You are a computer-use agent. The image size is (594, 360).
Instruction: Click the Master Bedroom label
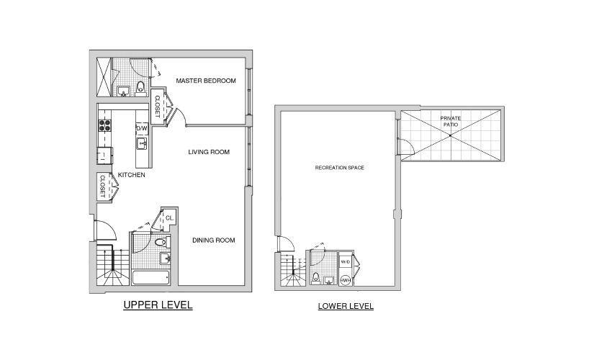point(206,81)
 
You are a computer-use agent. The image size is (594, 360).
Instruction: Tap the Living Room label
point(209,152)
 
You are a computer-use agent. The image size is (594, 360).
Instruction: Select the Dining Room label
point(214,240)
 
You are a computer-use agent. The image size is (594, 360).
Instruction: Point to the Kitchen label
point(132,175)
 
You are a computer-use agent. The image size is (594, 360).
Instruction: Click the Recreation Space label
point(339,168)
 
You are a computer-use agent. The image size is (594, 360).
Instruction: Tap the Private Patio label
point(451,121)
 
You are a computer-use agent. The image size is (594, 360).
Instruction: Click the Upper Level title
point(158,305)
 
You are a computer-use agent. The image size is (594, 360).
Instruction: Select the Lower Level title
point(346,306)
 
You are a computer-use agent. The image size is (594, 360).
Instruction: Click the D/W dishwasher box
point(142,128)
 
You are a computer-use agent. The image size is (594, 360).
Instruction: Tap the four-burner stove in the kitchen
point(104,125)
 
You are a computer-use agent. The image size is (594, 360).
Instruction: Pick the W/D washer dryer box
point(345,262)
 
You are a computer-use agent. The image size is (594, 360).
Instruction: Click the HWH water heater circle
point(345,280)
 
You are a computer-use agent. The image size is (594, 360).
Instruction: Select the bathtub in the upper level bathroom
point(150,277)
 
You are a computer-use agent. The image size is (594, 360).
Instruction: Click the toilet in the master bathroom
point(140,87)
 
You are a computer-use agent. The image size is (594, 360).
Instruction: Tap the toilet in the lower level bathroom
point(315,278)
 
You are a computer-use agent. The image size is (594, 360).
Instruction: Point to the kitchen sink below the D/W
point(142,143)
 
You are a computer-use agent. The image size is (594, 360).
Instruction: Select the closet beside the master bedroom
point(156,106)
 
